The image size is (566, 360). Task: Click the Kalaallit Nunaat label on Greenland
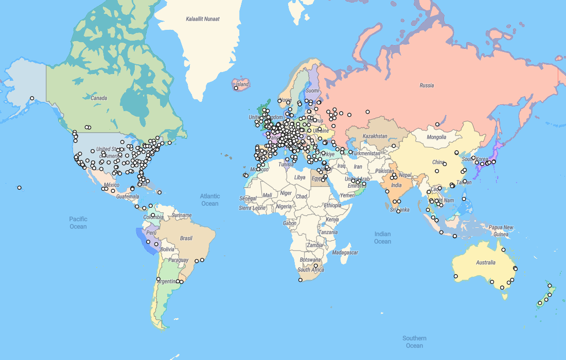(x=203, y=19)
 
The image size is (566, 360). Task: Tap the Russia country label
(x=427, y=85)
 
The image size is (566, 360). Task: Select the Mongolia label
(x=437, y=137)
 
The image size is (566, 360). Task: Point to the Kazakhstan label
(x=375, y=136)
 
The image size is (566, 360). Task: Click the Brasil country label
(x=186, y=238)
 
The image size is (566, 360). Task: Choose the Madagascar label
(x=345, y=253)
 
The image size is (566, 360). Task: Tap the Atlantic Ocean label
(x=210, y=200)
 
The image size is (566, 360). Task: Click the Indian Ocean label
(x=382, y=238)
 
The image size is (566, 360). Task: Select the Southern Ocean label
(x=414, y=341)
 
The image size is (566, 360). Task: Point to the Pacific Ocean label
(x=78, y=223)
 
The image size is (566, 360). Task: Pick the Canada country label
(x=99, y=98)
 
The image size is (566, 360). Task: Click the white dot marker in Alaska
(x=32, y=98)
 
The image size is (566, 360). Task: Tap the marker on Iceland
(x=236, y=88)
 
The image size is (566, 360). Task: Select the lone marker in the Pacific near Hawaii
(x=20, y=188)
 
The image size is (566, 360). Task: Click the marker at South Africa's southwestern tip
(x=300, y=280)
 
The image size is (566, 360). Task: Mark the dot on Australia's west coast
(x=456, y=276)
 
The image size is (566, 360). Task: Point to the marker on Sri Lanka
(x=398, y=211)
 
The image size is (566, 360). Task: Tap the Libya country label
(x=299, y=177)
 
